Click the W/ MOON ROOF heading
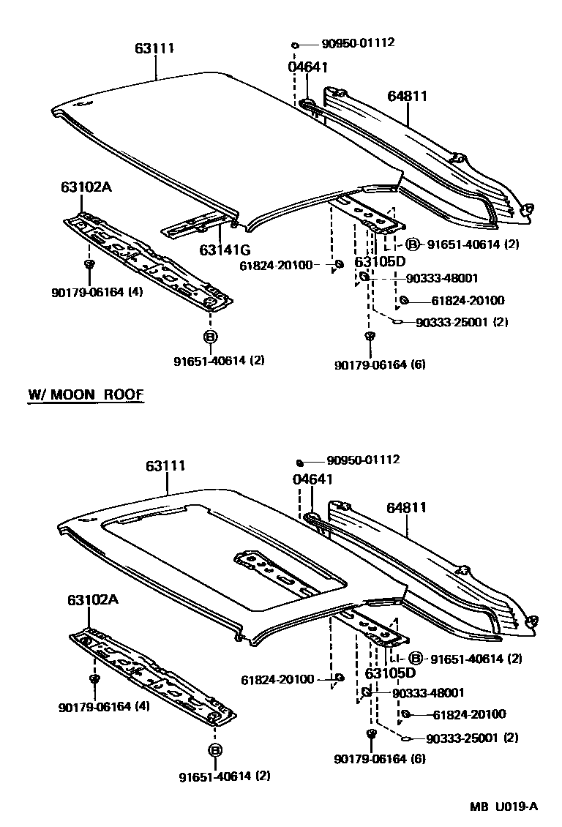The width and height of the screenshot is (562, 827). click(x=86, y=394)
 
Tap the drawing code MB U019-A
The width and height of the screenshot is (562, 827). click(x=503, y=807)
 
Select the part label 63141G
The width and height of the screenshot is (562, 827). click(x=224, y=250)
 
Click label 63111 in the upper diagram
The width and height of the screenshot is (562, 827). click(x=154, y=49)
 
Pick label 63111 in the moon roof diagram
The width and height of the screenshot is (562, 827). click(x=165, y=466)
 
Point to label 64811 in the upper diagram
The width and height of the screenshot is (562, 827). click(x=407, y=96)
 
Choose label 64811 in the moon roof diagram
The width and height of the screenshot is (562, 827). click(x=406, y=507)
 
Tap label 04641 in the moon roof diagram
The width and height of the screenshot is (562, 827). click(x=312, y=479)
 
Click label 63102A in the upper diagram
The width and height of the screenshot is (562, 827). click(x=86, y=187)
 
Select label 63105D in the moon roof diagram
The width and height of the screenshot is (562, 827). click(x=390, y=673)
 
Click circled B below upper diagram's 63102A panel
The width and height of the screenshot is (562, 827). click(x=210, y=337)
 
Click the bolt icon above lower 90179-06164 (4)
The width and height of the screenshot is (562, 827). click(x=94, y=680)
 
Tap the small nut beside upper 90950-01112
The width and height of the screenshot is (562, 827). click(x=295, y=45)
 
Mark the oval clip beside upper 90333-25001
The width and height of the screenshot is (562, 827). click(x=397, y=321)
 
